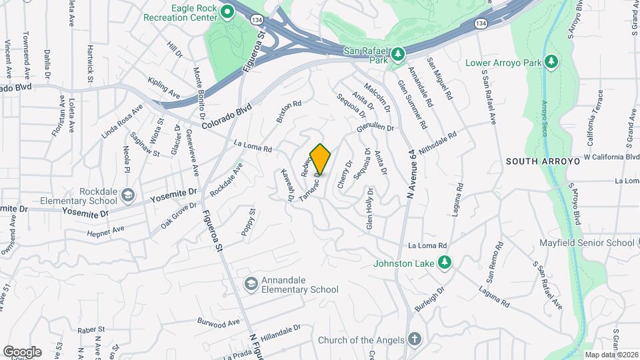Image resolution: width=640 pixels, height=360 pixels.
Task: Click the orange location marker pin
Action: pyautogui.click(x=321, y=159)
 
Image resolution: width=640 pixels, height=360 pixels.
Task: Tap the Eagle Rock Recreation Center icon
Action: pyautogui.click(x=227, y=11)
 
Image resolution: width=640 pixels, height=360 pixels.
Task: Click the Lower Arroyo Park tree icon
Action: pyautogui.click(x=551, y=62)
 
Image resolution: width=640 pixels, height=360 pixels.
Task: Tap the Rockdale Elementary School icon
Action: pyautogui.click(x=128, y=196)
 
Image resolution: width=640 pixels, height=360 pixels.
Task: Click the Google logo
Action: pyautogui.click(x=22, y=352)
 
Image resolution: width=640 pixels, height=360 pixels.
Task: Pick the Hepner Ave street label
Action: pyautogui.click(x=105, y=230)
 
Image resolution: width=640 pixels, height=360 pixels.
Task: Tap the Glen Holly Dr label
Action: pyautogui.click(x=369, y=209)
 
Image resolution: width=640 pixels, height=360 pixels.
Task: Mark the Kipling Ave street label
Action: pyautogui.click(x=164, y=87)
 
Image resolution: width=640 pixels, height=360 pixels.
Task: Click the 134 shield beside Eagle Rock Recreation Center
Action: pyautogui.click(x=257, y=21)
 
